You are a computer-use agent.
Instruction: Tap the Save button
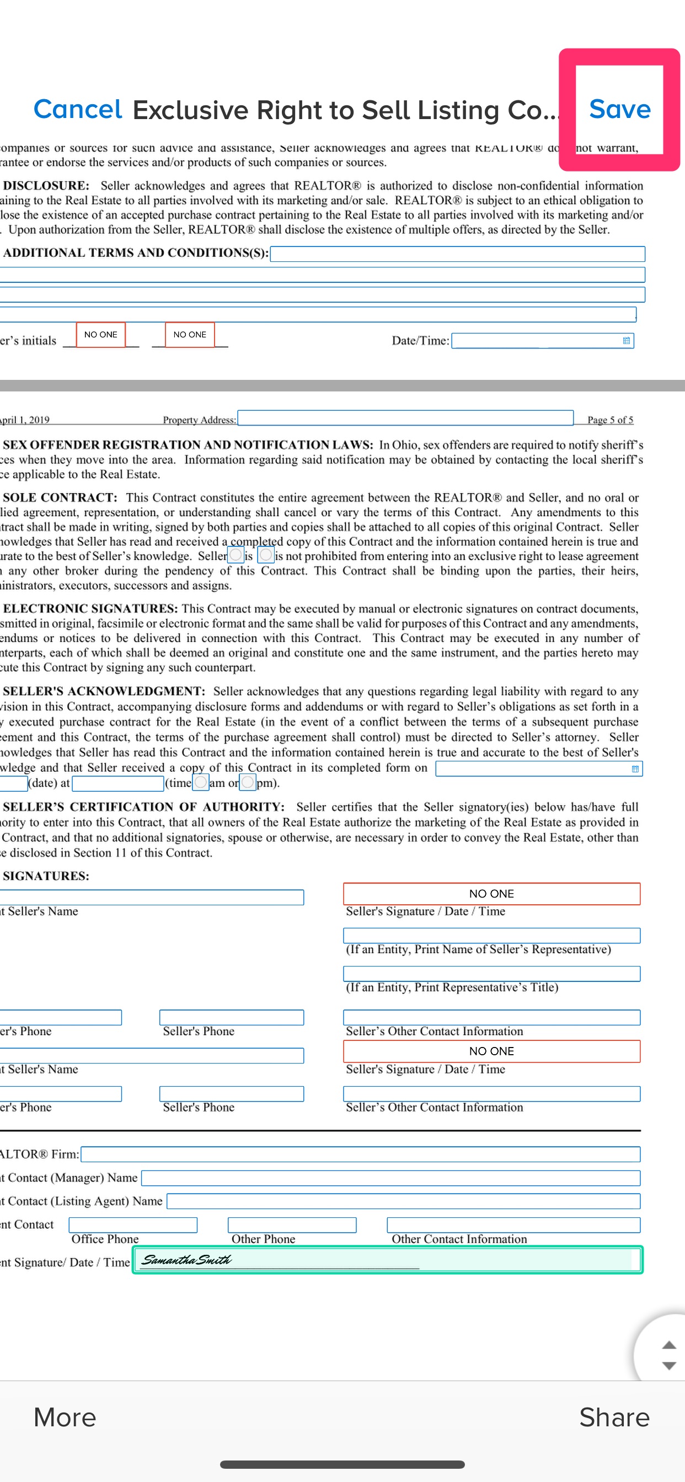point(619,109)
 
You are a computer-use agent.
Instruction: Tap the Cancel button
point(78,109)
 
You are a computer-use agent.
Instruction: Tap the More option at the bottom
point(65,1417)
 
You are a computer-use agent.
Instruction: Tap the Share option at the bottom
point(614,1417)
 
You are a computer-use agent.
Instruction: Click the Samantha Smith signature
point(186,1260)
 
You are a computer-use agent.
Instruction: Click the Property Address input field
point(405,418)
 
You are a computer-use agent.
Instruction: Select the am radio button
point(201,782)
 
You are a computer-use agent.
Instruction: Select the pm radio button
point(248,782)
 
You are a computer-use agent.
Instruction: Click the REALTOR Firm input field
point(360,1154)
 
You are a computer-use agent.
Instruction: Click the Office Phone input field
point(133,1225)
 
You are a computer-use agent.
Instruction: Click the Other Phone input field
point(292,1225)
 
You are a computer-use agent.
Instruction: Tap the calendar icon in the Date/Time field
point(627,341)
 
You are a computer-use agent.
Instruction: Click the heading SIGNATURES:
point(46,876)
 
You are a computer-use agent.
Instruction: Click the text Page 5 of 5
point(610,420)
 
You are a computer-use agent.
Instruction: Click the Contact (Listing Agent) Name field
point(403,1201)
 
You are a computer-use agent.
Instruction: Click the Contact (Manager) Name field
point(390,1178)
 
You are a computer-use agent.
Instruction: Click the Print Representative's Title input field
point(491,974)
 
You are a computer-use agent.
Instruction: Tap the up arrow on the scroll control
point(668,1345)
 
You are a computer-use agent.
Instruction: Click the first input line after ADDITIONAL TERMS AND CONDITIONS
point(457,254)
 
